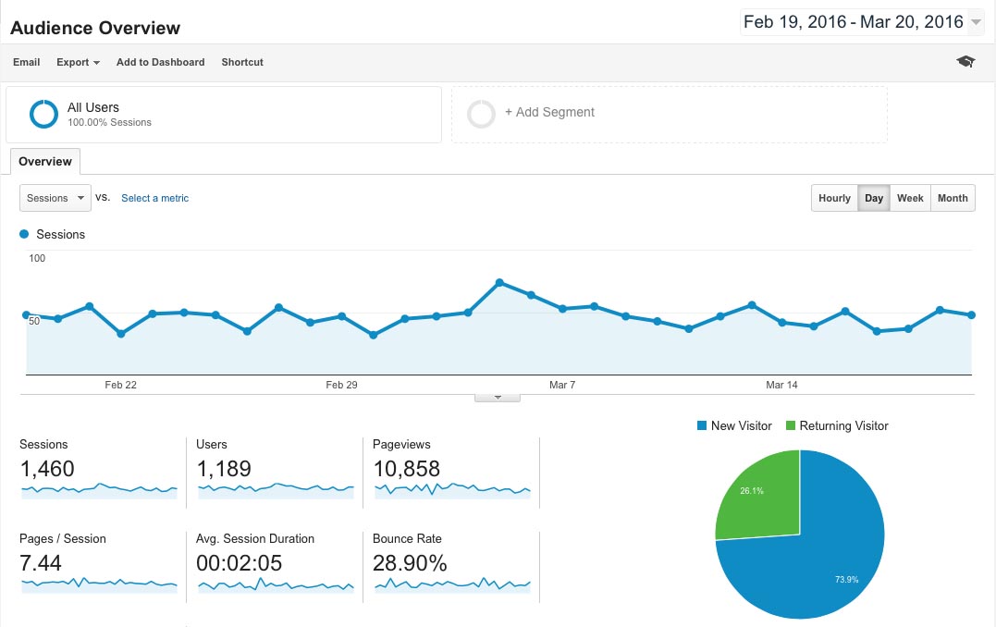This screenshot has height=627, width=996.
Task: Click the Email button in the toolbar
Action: point(27,62)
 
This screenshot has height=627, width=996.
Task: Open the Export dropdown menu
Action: point(78,62)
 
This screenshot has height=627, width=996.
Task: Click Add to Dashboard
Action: point(160,62)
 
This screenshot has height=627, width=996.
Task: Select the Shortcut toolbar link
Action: point(242,62)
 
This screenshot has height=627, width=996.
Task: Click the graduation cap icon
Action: point(965,62)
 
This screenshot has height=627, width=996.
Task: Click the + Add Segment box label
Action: point(549,113)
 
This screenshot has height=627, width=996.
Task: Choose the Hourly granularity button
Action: point(834,198)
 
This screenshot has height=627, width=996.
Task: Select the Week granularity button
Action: point(910,198)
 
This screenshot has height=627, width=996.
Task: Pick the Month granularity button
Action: point(953,198)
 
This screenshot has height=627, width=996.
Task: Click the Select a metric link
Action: point(154,198)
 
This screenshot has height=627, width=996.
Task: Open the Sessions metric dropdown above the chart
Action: point(55,198)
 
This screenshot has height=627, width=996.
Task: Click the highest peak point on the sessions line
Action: point(499,282)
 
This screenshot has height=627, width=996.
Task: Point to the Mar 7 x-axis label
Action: point(562,385)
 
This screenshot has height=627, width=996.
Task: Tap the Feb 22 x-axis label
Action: point(121,385)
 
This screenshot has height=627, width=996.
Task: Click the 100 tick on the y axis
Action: point(37,258)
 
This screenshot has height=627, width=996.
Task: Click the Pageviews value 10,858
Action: point(406,469)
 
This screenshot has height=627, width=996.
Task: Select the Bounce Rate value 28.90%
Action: point(410,563)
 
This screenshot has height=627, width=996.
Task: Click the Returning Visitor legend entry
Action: point(843,426)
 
